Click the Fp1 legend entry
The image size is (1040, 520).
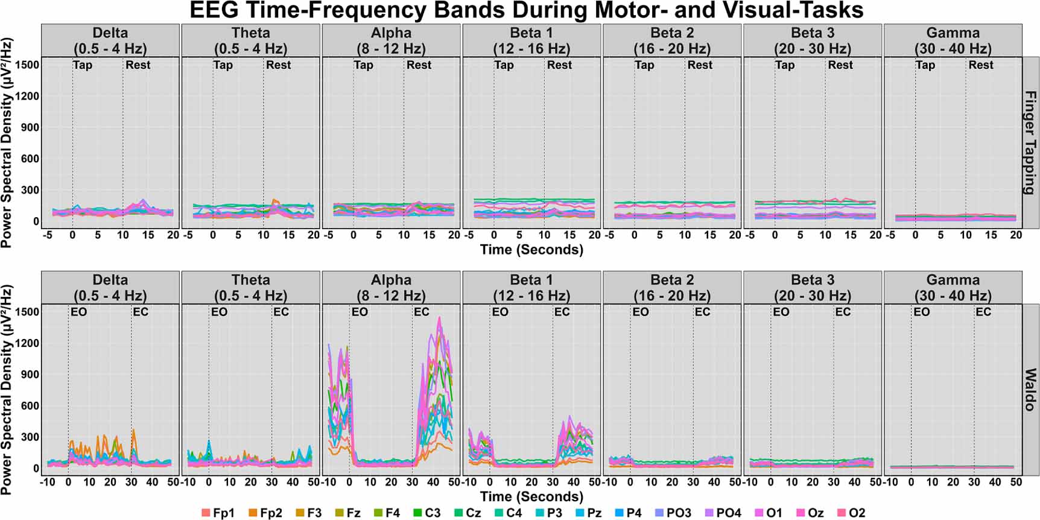[x=218, y=513]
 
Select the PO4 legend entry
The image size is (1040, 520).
[x=723, y=513]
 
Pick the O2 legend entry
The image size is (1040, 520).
[x=851, y=513]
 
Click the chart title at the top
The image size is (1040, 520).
[x=526, y=10]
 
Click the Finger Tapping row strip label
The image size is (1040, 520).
[x=1030, y=142]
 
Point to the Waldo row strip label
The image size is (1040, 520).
[x=1030, y=390]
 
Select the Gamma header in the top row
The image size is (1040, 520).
[x=953, y=40]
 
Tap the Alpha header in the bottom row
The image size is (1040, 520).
[x=391, y=287]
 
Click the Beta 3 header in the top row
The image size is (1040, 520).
[x=812, y=40]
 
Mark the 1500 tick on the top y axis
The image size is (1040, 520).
[x=28, y=65]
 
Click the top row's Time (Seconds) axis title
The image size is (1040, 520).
[x=531, y=250]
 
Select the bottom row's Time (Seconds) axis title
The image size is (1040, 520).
[x=531, y=497]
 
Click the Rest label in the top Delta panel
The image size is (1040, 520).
[x=138, y=65]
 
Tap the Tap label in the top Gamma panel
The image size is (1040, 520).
[x=925, y=65]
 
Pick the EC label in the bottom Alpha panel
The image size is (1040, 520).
[x=421, y=312]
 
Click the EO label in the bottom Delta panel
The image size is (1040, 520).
[x=78, y=312]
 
